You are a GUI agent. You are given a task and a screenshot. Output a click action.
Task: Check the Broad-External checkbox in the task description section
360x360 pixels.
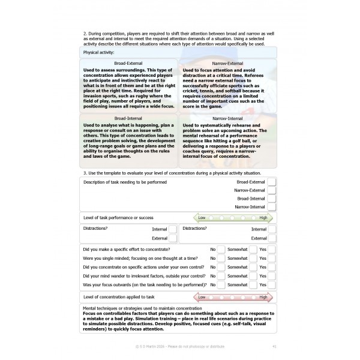point(272,181)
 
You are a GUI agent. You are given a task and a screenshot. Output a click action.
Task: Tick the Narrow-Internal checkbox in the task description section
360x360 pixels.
point(272,206)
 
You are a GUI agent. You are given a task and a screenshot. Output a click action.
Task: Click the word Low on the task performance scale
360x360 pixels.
point(202,218)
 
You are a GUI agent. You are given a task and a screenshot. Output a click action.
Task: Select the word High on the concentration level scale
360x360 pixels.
point(263,296)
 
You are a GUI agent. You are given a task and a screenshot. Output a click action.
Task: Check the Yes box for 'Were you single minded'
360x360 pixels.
point(272,258)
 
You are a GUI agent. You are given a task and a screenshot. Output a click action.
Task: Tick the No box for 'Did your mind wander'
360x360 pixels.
point(221,275)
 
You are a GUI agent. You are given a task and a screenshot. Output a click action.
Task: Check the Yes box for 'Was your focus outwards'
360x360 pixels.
point(272,284)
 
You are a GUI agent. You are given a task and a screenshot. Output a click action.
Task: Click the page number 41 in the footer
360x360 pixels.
point(274,346)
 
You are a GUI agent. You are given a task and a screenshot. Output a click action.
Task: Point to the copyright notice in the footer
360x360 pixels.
point(180,346)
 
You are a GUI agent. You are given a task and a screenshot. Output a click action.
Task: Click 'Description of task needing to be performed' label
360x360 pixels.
point(125,182)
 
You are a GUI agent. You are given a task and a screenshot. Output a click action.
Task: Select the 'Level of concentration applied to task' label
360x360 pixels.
point(119,296)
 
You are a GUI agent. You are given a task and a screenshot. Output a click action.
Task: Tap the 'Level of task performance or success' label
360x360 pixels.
point(119,218)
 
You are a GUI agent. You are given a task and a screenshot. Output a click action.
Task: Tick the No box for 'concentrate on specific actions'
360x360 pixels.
point(221,267)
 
